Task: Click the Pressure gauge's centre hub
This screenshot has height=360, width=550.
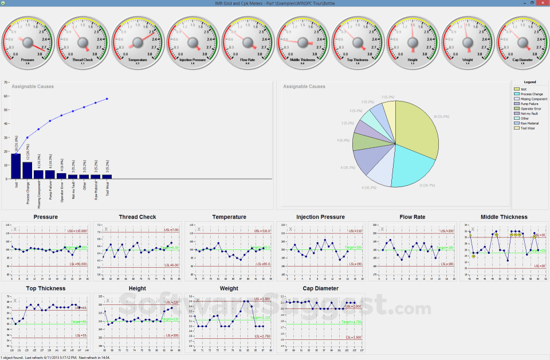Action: click(x=27, y=42)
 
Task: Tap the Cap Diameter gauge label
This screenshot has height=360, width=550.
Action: click(x=523, y=59)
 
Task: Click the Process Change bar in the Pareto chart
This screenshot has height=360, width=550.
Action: click(x=27, y=170)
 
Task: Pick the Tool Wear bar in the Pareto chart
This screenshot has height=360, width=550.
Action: click(x=107, y=177)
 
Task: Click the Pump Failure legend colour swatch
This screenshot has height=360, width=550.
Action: click(x=516, y=103)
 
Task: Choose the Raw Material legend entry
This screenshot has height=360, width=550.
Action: click(x=529, y=123)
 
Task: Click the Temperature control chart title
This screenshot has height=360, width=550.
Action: click(x=229, y=217)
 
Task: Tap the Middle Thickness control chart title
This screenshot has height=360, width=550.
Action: click(x=504, y=217)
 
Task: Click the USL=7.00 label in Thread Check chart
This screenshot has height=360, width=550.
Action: click(x=172, y=230)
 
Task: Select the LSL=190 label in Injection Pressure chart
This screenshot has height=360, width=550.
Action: click(x=356, y=265)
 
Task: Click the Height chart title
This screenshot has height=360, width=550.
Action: click(x=137, y=288)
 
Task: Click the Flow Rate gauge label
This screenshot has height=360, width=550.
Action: click(x=247, y=59)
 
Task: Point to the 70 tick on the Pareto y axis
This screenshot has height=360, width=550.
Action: click(x=6, y=82)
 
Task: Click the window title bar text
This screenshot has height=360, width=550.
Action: click(x=275, y=3)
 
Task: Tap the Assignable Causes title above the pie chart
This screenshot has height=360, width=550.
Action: click(x=304, y=87)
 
